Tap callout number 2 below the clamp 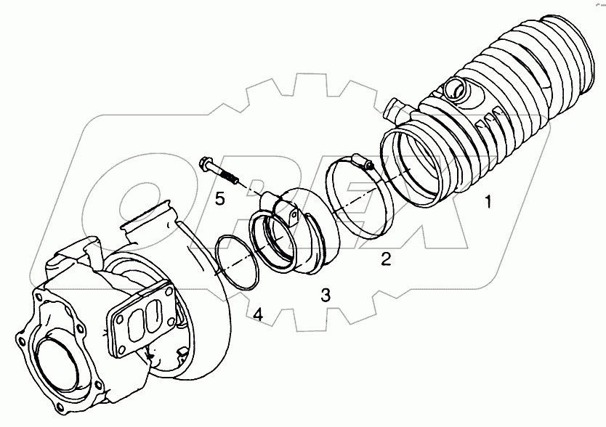point(387,258)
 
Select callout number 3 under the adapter point(326,294)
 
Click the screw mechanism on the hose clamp point(355,159)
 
